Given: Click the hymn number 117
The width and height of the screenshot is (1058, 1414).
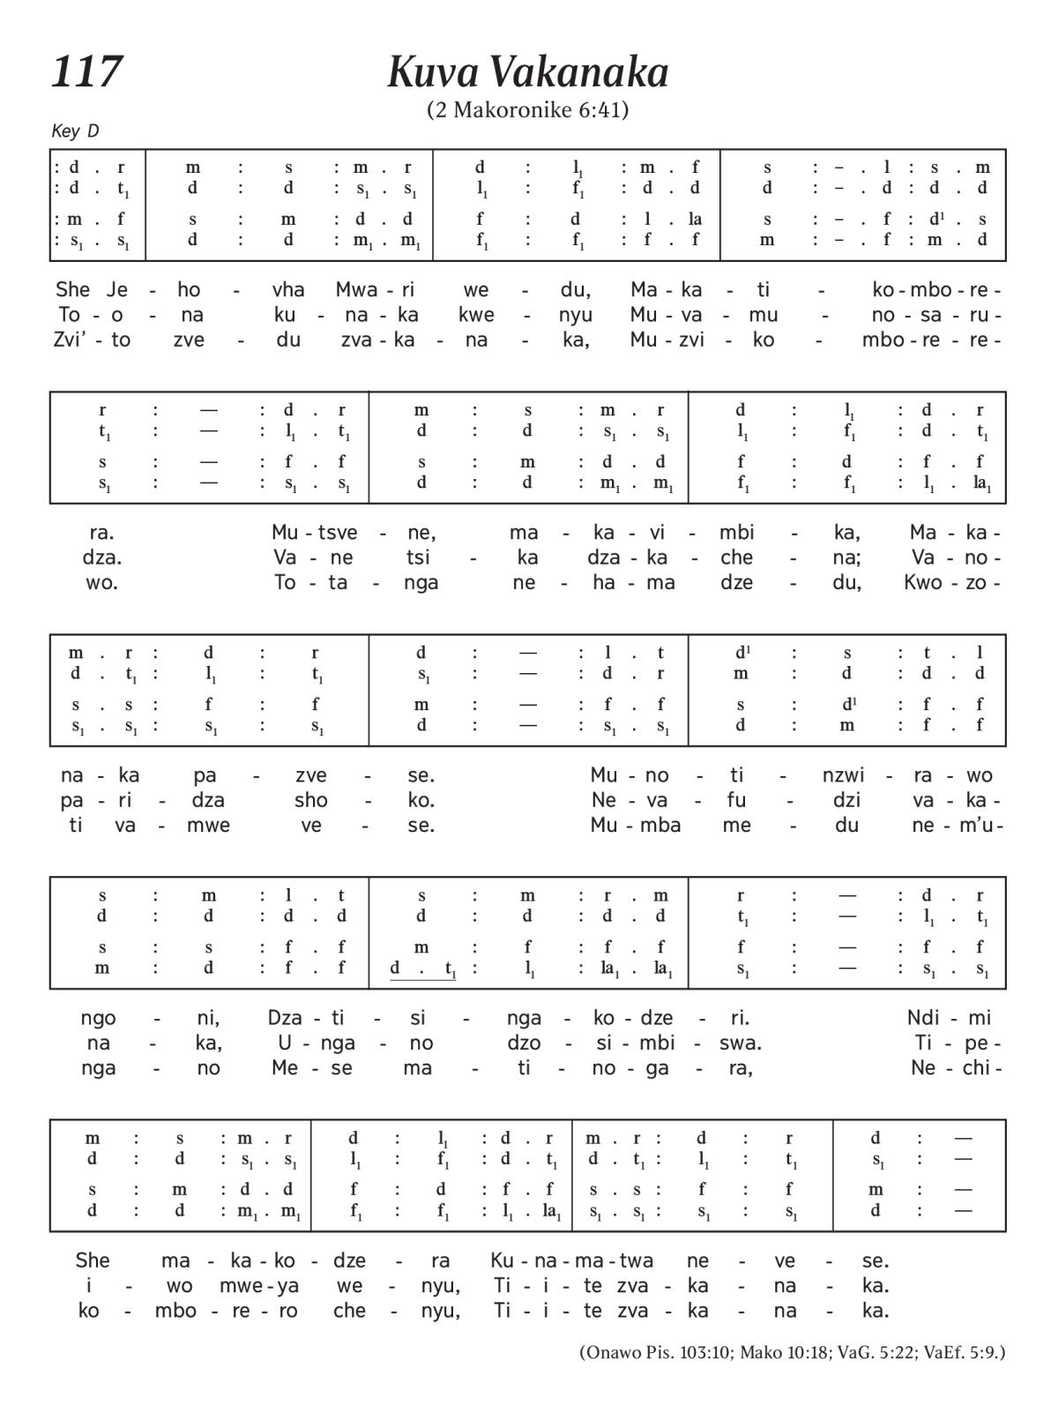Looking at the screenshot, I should [x=86, y=71].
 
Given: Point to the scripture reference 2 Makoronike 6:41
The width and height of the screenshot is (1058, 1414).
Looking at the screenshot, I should [x=527, y=110].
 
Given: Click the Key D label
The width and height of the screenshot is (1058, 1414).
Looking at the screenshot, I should [x=75, y=131].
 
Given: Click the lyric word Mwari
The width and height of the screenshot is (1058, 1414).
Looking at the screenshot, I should [x=375, y=289].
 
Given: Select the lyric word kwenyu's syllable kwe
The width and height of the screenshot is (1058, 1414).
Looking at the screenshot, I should [x=476, y=315].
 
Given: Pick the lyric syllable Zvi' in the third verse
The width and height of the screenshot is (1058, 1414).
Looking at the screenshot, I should [x=70, y=340].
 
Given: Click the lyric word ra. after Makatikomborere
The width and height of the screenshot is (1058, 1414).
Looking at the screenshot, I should [x=101, y=533].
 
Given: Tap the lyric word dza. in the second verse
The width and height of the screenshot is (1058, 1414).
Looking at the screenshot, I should [x=101, y=557].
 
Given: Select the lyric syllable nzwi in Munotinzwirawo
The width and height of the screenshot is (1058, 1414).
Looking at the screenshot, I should [x=843, y=775].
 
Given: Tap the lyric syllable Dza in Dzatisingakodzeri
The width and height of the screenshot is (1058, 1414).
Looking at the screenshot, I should [x=286, y=1017].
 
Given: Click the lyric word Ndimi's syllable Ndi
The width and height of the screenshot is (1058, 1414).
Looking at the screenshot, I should [x=924, y=1017].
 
